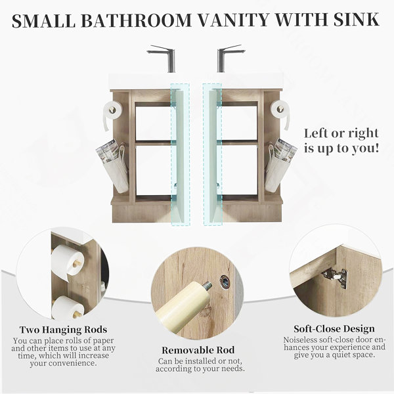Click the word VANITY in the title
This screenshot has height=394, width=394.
(x=233, y=20)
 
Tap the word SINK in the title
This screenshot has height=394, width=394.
(x=356, y=20)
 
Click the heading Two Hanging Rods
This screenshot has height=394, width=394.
(x=63, y=330)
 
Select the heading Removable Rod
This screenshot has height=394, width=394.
(x=198, y=350)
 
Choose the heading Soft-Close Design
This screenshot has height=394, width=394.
(x=334, y=329)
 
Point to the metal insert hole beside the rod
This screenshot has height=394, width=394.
(x=225, y=280)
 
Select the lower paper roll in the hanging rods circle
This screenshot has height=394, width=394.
(x=68, y=307)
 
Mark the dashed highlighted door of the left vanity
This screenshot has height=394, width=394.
(x=180, y=154)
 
